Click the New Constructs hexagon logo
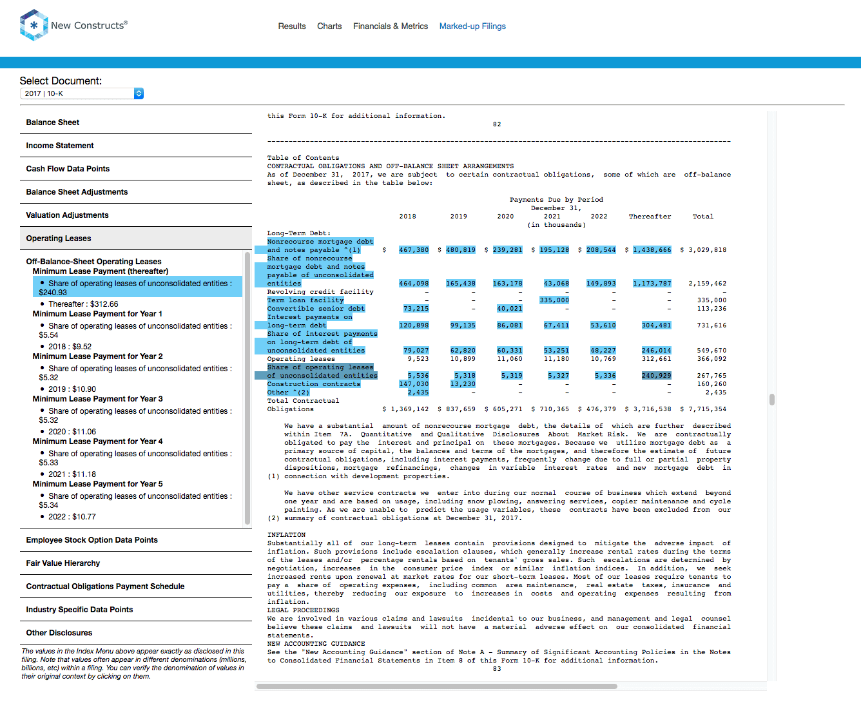pos(34,25)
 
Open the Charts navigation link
pos(329,26)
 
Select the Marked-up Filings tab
pos(472,26)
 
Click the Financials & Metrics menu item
pos(391,26)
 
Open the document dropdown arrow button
pos(139,93)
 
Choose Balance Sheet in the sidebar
pos(53,122)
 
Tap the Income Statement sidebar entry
pos(59,146)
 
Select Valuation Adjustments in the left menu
pos(68,215)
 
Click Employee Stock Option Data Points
pos(92,540)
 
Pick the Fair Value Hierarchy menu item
pos(63,563)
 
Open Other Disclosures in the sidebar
pos(59,633)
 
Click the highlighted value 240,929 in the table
pos(656,376)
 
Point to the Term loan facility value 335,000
pos(554,300)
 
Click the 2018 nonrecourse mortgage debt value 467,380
pos(414,250)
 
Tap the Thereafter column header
pos(650,217)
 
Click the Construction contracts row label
pos(314,384)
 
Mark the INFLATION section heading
pos(286,535)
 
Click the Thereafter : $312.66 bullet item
pos(83,304)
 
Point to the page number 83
pos(496,669)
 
